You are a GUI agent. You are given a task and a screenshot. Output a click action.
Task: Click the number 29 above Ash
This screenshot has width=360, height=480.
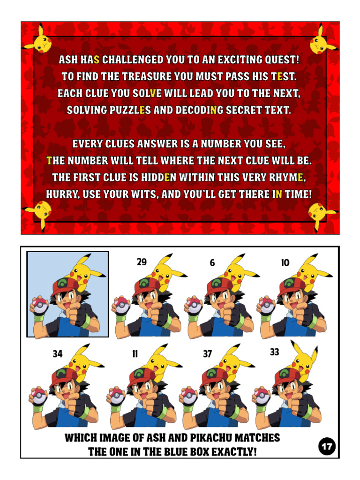pyautogui.click(x=142, y=262)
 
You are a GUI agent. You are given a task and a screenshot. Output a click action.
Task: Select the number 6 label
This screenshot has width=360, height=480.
pyautogui.click(x=212, y=263)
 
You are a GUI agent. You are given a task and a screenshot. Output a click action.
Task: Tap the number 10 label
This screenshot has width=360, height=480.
pyautogui.click(x=285, y=263)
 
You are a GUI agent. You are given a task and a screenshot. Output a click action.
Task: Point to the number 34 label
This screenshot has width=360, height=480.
pyautogui.click(x=58, y=354)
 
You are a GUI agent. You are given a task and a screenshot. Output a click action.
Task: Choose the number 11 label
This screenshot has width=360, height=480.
pyautogui.click(x=135, y=354)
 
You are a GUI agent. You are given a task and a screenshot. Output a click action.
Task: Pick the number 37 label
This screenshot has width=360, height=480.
pyautogui.click(x=207, y=354)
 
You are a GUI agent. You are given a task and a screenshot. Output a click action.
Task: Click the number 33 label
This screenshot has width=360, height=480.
pyautogui.click(x=275, y=352)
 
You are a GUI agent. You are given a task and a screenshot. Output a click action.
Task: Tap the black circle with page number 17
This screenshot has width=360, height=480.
pyautogui.click(x=327, y=446)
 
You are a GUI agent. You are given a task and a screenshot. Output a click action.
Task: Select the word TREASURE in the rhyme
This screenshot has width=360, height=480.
pyautogui.click(x=148, y=76)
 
